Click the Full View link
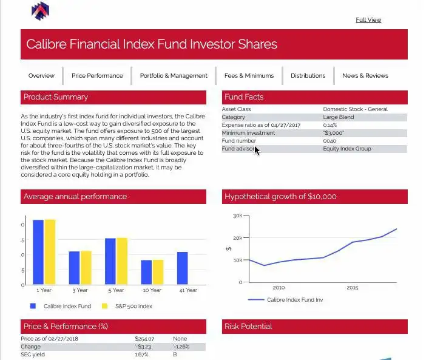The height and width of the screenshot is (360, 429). (368, 20)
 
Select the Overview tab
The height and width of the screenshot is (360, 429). (41, 76)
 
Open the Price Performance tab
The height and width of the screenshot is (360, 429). (97, 76)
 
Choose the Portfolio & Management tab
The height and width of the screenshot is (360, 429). (174, 76)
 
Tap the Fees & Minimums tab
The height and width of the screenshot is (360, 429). (249, 76)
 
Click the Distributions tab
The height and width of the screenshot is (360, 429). (308, 76)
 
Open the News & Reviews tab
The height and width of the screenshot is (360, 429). (365, 76)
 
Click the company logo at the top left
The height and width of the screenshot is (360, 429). (40, 10)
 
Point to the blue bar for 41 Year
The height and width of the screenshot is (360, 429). (182, 268)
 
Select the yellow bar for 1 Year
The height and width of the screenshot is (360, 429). (50, 251)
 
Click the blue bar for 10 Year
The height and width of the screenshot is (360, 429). (146, 272)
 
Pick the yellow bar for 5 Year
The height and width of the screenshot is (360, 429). (122, 261)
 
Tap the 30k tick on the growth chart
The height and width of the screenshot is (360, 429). (237, 216)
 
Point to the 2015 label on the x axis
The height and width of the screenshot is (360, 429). (353, 288)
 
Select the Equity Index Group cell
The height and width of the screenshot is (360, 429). (346, 149)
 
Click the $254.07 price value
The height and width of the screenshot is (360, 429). (144, 339)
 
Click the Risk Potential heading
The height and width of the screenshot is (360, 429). (248, 327)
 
